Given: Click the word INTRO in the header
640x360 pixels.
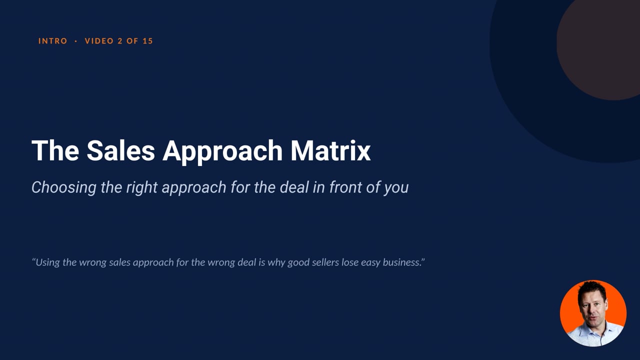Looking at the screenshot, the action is point(53,41).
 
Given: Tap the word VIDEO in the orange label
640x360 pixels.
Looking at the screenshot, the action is point(99,41).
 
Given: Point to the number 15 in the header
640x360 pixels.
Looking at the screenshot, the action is point(147,41).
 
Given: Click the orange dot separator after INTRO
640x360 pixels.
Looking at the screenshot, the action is point(75,41).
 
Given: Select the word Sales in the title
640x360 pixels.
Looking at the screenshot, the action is point(121,150).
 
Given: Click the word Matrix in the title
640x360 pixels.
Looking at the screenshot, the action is point(330,150).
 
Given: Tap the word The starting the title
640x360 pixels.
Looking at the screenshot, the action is point(55,150).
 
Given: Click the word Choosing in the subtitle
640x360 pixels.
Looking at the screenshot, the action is point(64,187).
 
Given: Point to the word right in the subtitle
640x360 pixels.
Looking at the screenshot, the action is point(142,188).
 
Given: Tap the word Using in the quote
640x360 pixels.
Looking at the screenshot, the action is point(46,262).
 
